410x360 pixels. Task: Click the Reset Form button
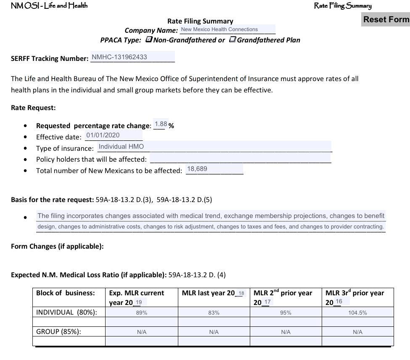[x=386, y=19]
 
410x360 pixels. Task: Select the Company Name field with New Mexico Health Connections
[x=227, y=29]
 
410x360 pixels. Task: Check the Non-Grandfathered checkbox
[x=149, y=39]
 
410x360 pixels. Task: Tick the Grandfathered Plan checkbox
[x=233, y=39]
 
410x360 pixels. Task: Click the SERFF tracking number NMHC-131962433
[x=132, y=57]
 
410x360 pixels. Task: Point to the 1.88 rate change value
[x=161, y=124]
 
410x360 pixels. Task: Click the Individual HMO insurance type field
[x=214, y=147]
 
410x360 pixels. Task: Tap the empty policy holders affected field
[x=240, y=158]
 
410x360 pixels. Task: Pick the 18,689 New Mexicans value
[x=214, y=169]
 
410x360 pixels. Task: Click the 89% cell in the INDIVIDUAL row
[x=141, y=313]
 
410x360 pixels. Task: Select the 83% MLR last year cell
[x=214, y=313]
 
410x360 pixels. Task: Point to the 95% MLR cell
[x=286, y=313]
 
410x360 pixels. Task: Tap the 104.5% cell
[x=357, y=313]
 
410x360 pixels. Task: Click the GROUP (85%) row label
[x=58, y=331]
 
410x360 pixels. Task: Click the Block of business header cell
[x=66, y=293]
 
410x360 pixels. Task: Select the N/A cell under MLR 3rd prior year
[x=357, y=332]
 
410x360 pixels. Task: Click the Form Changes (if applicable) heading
[x=57, y=246]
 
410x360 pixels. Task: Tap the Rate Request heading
[x=33, y=108]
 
